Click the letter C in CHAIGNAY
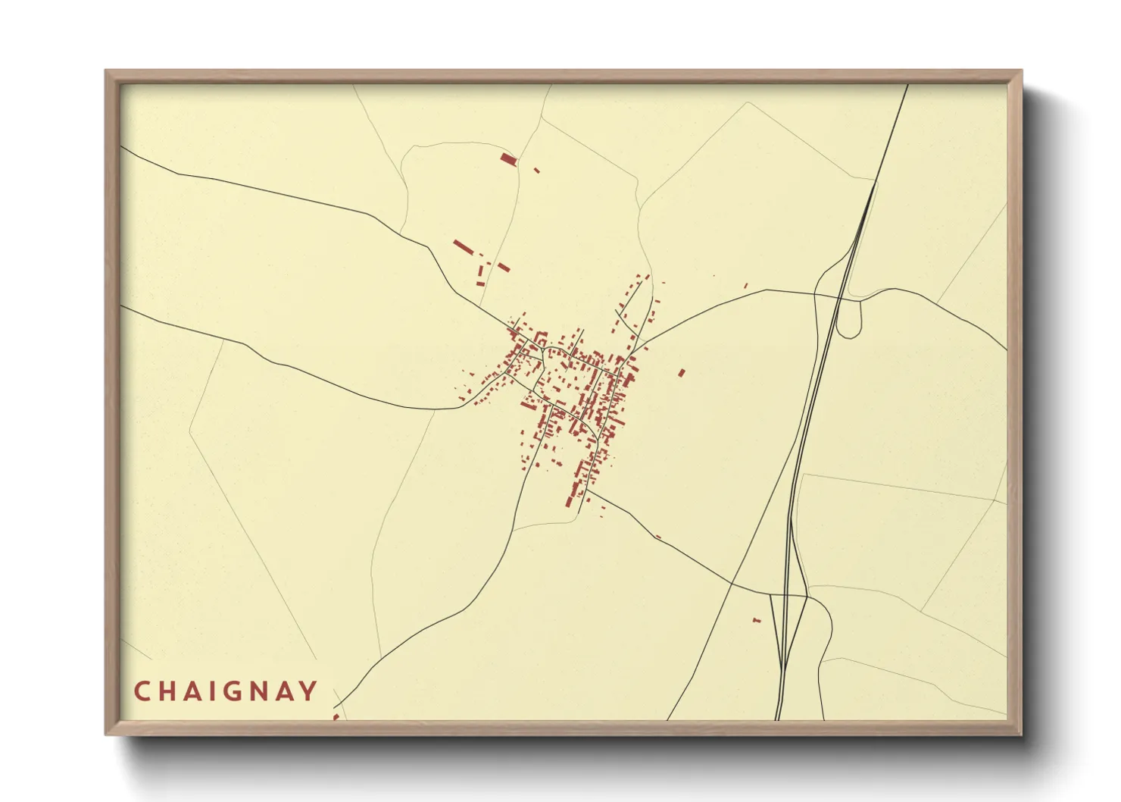coord(142,691)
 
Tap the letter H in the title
coord(170,691)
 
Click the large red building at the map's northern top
coord(508,158)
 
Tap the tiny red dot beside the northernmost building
coord(537,171)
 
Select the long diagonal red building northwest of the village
coord(463,247)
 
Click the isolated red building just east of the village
coord(682,372)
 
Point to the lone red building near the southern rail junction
coord(756,621)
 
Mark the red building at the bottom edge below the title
coord(336,716)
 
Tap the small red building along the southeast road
coord(657,537)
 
